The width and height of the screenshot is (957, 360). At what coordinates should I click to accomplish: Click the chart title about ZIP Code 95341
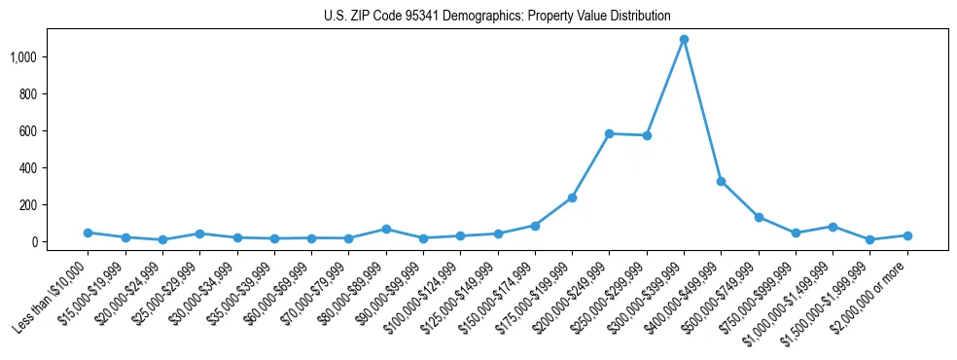pyautogui.click(x=497, y=16)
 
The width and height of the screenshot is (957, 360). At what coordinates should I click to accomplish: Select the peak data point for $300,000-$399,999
pyautogui.click(x=684, y=40)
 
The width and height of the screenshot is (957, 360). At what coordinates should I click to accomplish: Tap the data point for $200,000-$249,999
pyautogui.click(x=609, y=133)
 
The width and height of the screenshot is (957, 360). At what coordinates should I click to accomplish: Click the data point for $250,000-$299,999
pyautogui.click(x=647, y=135)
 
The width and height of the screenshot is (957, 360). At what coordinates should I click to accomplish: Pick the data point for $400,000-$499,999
pyautogui.click(x=721, y=181)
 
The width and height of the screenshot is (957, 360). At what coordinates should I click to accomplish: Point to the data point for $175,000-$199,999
pyautogui.click(x=572, y=198)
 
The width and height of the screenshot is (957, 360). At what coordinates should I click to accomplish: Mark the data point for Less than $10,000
pyautogui.click(x=88, y=233)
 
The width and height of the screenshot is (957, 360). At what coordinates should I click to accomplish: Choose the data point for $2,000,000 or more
pyautogui.click(x=907, y=235)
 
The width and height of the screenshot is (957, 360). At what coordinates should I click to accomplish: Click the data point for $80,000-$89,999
pyautogui.click(x=386, y=229)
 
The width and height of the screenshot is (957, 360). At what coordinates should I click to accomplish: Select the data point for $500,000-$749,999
pyautogui.click(x=759, y=217)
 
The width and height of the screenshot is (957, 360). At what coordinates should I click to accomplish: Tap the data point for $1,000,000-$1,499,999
pyautogui.click(x=833, y=227)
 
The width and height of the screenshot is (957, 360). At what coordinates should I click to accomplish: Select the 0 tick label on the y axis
pyautogui.click(x=39, y=242)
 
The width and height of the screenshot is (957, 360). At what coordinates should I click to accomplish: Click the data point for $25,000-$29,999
pyautogui.click(x=199, y=234)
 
